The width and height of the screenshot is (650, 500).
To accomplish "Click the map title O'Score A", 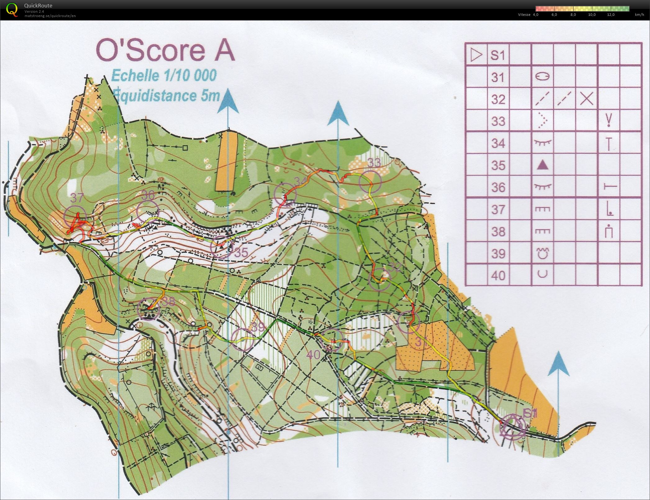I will (165, 50).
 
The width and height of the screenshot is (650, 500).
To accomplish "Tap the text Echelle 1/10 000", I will (164, 75).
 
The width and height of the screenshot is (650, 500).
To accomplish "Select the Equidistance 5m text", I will (166, 95).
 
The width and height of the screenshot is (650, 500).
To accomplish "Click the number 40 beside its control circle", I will (315, 354).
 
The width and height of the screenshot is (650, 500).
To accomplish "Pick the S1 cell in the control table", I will (498, 55).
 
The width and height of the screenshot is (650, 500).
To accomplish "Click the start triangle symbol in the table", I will (476, 55).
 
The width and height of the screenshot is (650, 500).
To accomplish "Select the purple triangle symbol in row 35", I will (543, 165).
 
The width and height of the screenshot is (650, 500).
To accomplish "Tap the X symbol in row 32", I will (587, 99).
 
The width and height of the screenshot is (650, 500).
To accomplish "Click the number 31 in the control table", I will (498, 77).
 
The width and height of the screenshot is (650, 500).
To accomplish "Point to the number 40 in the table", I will (498, 275).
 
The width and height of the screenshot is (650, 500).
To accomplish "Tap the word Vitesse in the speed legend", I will (524, 15).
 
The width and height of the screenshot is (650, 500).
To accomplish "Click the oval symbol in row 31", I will (543, 76).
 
